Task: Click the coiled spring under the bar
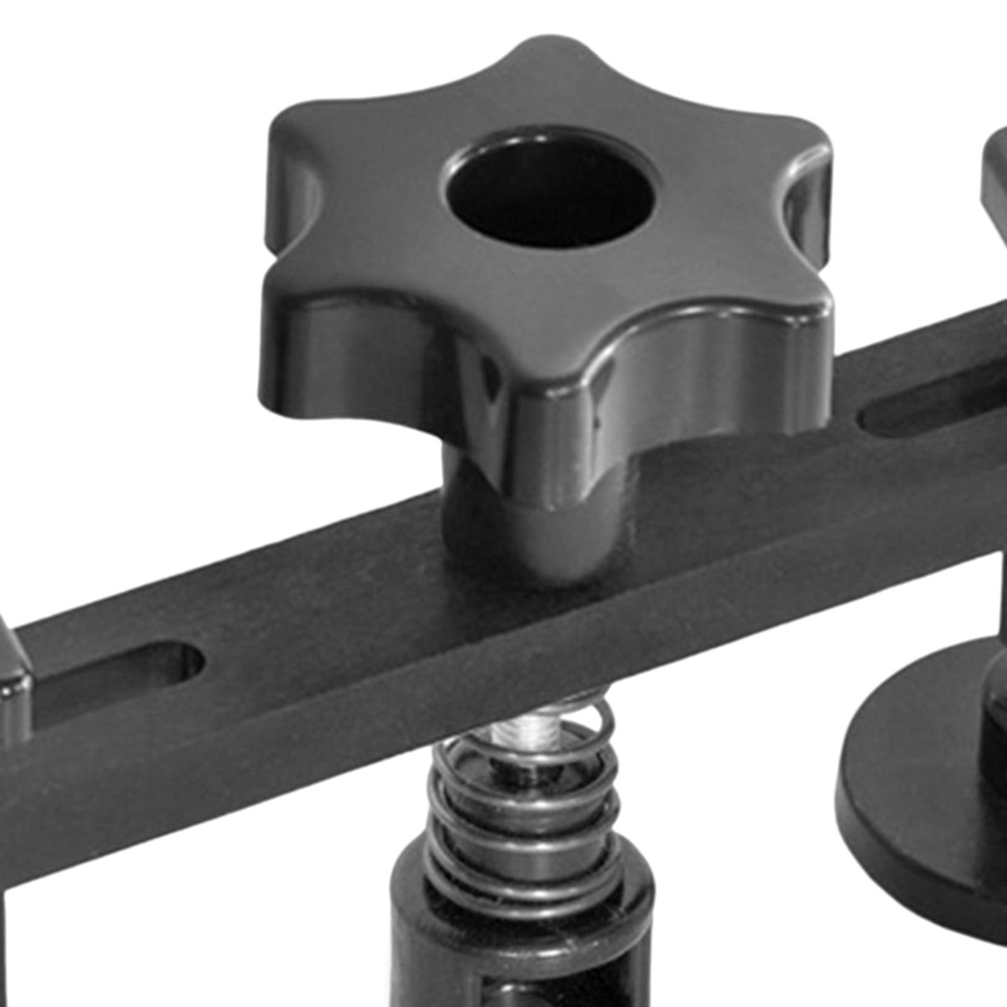pos(522,812)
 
